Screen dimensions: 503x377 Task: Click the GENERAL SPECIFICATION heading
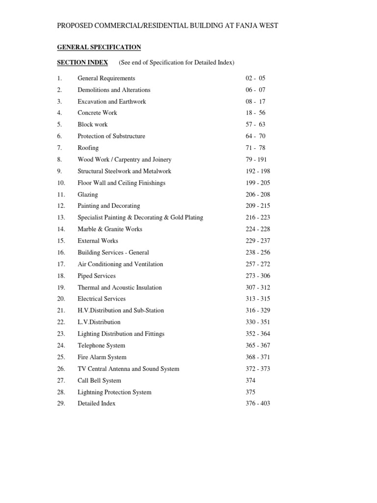99,47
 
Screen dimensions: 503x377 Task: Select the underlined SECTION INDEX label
82,62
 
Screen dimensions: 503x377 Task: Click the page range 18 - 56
255,113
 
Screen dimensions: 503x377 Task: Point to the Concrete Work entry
97,113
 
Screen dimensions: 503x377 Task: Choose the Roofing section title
88,148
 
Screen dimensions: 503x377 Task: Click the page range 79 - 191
258,160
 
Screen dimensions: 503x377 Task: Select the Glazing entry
87,195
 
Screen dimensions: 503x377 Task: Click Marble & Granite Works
110,229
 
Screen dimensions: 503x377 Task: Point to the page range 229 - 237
258,241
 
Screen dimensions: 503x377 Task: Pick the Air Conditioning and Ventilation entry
120,264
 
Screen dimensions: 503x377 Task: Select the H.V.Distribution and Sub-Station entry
121,311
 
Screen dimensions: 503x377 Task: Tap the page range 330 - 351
258,322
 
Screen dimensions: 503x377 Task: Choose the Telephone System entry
101,346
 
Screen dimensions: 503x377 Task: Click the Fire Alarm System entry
102,358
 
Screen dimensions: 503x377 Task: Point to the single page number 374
250,381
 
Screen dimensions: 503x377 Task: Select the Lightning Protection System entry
114,392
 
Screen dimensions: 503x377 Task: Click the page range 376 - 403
258,404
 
